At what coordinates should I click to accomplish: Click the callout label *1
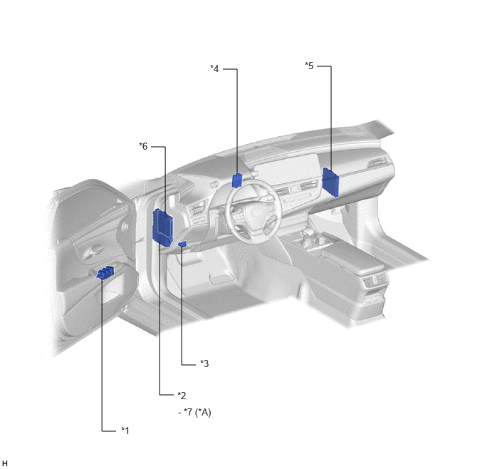click(x=125, y=431)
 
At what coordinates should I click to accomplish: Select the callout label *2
click(x=182, y=396)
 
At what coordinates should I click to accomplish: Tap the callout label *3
click(x=204, y=364)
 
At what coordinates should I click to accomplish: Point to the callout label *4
click(x=214, y=68)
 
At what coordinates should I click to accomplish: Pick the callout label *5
click(x=309, y=66)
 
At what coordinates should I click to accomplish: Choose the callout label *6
click(x=143, y=146)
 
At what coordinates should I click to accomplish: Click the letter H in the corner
click(x=5, y=463)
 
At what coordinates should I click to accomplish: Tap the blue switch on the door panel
click(x=105, y=273)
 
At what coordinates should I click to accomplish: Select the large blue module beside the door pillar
click(x=162, y=228)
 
